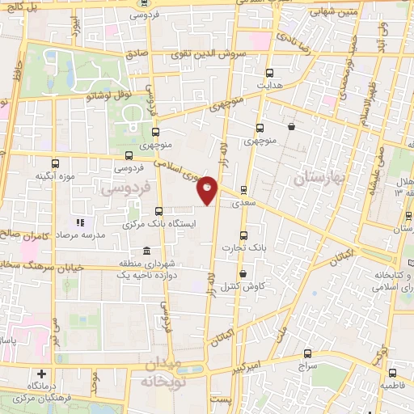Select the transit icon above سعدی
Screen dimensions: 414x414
pos(243,191)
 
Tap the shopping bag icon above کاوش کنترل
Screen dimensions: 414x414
pos(243,275)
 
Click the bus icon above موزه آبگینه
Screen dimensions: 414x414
pos(55,162)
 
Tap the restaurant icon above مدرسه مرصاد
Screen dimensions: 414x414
pos(79,222)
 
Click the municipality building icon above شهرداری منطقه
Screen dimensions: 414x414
pos(146,250)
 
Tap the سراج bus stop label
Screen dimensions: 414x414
pos(308,365)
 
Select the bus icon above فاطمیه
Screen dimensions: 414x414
pos(393,374)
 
